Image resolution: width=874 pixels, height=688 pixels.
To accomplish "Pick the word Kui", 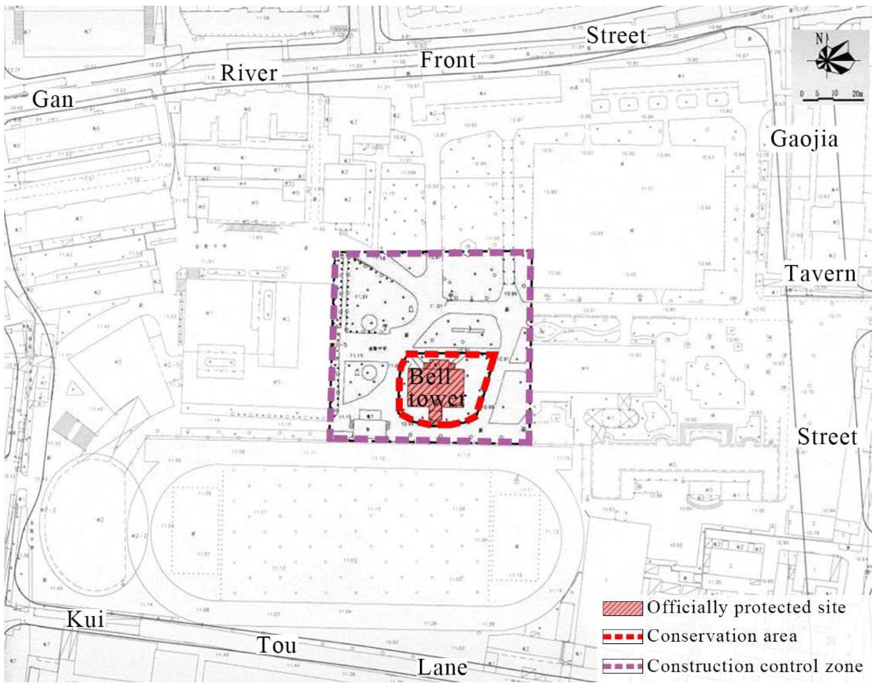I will coord(85,619).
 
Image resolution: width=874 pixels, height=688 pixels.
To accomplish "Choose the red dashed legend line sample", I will coord(623,637).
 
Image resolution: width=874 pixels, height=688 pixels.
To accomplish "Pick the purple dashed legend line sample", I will coord(623,666).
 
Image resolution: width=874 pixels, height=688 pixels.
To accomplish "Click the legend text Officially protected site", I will coord(746,608).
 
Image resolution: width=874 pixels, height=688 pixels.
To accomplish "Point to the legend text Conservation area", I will coord(722,636).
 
